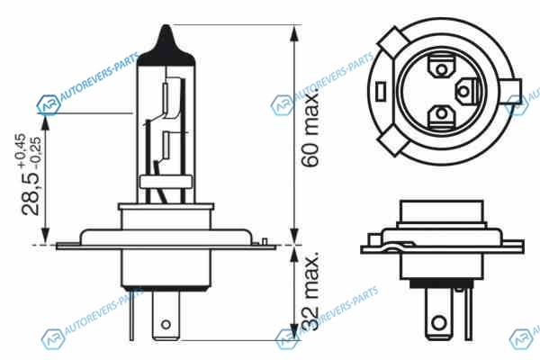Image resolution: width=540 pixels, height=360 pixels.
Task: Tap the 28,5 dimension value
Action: [x=31, y=194]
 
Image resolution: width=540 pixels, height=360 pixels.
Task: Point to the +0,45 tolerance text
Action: [x=20, y=150]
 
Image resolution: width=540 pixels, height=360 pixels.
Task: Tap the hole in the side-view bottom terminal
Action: [x=166, y=324]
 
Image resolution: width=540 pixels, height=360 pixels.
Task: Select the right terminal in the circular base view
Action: [x=467, y=91]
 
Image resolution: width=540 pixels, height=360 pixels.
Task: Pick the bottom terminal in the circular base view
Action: [x=441, y=114]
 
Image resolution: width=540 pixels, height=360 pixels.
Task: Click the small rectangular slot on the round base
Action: [x=381, y=92]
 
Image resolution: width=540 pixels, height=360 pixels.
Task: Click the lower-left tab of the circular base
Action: [x=393, y=141]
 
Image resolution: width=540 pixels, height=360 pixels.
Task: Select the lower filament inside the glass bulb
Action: [x=166, y=145]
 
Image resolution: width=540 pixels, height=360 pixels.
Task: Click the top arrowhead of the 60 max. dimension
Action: [x=293, y=33]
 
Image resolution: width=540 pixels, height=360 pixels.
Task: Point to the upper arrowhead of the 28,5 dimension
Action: [x=46, y=122]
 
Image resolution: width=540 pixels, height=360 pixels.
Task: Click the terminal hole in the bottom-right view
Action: [x=439, y=323]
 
